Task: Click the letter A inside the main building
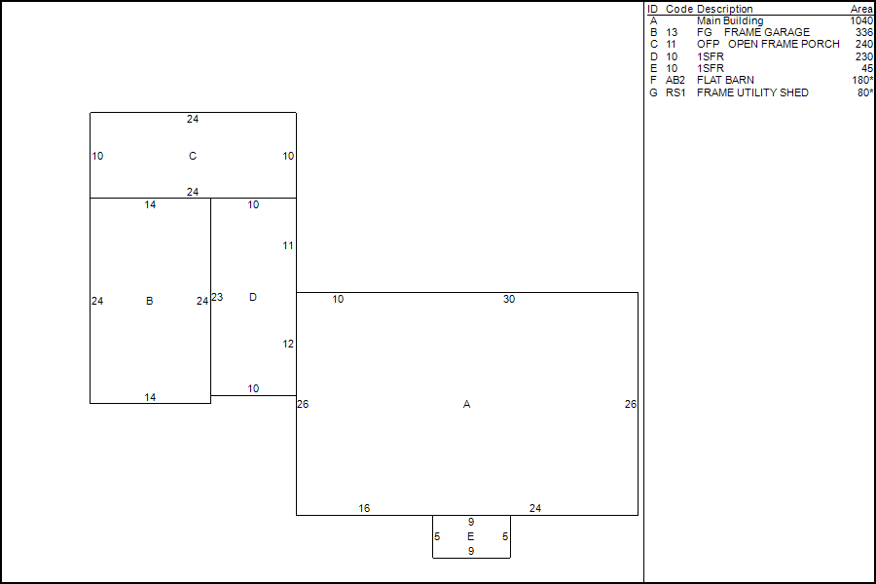point(467,404)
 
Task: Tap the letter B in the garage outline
point(149,301)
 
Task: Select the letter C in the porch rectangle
point(193,156)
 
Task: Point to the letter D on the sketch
point(253,297)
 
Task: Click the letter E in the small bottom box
point(471,536)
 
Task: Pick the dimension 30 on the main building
point(509,299)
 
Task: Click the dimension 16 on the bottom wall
point(364,508)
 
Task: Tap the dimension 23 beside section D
point(217,297)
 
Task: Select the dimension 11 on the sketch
point(288,245)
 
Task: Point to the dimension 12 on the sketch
point(288,344)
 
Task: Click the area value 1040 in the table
point(860,20)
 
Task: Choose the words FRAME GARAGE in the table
point(767,32)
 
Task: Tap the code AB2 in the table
point(675,81)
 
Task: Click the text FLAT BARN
point(725,81)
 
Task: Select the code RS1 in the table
point(675,92)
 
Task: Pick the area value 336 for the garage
point(864,32)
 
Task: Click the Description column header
point(724,9)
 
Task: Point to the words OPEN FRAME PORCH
point(784,44)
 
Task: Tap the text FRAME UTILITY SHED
point(752,92)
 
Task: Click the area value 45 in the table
point(867,68)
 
